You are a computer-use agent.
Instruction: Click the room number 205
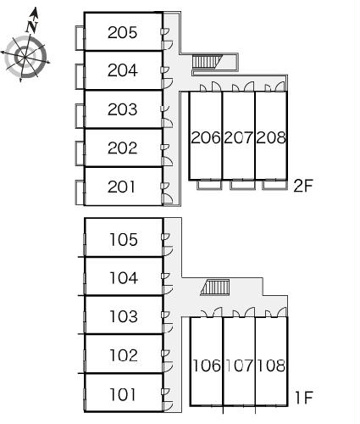tap(122, 32)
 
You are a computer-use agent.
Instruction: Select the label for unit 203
tap(122, 109)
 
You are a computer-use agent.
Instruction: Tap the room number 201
tap(121, 187)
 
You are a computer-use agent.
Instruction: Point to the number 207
tap(238, 137)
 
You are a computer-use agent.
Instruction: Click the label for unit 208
tap(271, 137)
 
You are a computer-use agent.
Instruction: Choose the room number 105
tap(124, 239)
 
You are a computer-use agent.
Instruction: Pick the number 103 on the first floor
tap(124, 316)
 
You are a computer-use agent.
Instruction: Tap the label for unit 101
tap(122, 394)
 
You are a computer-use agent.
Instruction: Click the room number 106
tap(207, 365)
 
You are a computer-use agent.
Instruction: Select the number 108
tap(271, 365)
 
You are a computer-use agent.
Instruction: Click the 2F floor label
tap(303, 186)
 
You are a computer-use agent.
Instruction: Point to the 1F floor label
tap(303, 398)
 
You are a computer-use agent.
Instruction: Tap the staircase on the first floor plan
tap(215, 287)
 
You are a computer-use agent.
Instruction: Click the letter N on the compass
tap(32, 26)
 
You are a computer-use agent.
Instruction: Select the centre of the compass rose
tap(25, 57)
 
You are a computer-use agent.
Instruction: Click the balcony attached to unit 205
tap(80, 38)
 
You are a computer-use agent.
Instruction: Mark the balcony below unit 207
tap(242, 185)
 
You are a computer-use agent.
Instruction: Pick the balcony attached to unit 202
tap(80, 153)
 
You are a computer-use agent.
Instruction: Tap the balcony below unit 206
tap(209, 185)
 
